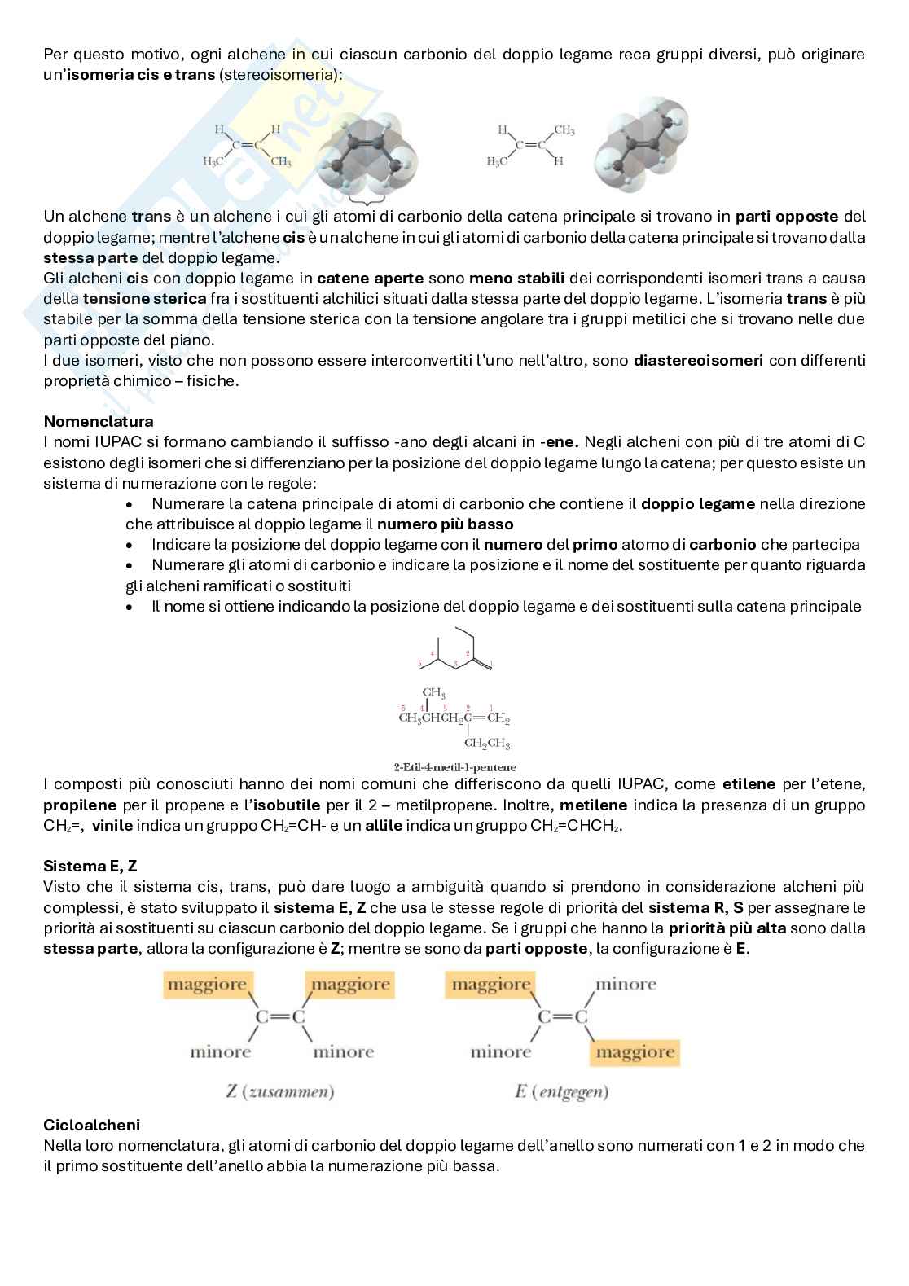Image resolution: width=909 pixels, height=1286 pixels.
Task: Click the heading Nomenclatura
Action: pyautogui.click(x=98, y=422)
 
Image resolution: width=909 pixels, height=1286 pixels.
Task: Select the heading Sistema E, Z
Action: pyautogui.click(x=90, y=867)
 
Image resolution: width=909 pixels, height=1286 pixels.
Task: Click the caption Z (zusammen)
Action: pyautogui.click(x=279, y=1091)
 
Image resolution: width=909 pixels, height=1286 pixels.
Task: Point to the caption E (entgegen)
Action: pyautogui.click(x=561, y=1091)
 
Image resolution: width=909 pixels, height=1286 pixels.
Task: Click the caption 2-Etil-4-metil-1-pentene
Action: pyautogui.click(x=455, y=766)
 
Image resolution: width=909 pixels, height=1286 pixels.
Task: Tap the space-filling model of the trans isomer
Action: pyautogui.click(x=641, y=144)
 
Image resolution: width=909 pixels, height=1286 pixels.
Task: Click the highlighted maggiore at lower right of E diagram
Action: pyautogui.click(x=635, y=1052)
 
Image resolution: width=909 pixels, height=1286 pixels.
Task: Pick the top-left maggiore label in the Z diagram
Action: pyautogui.click(x=206, y=985)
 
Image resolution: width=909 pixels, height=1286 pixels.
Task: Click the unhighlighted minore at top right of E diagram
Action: pyautogui.click(x=626, y=985)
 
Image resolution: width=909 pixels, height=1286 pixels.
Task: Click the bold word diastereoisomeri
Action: pyautogui.click(x=698, y=360)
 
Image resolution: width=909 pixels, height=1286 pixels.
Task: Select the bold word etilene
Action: pyautogui.click(x=752, y=785)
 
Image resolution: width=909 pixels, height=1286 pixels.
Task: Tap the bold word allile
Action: pyautogui.click(x=384, y=826)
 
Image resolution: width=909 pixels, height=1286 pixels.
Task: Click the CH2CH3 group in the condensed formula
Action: pyautogui.click(x=487, y=744)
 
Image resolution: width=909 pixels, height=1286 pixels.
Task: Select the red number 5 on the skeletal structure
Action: pyautogui.click(x=419, y=664)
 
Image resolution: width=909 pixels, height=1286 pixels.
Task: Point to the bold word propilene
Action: pyautogui.click(x=77, y=805)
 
